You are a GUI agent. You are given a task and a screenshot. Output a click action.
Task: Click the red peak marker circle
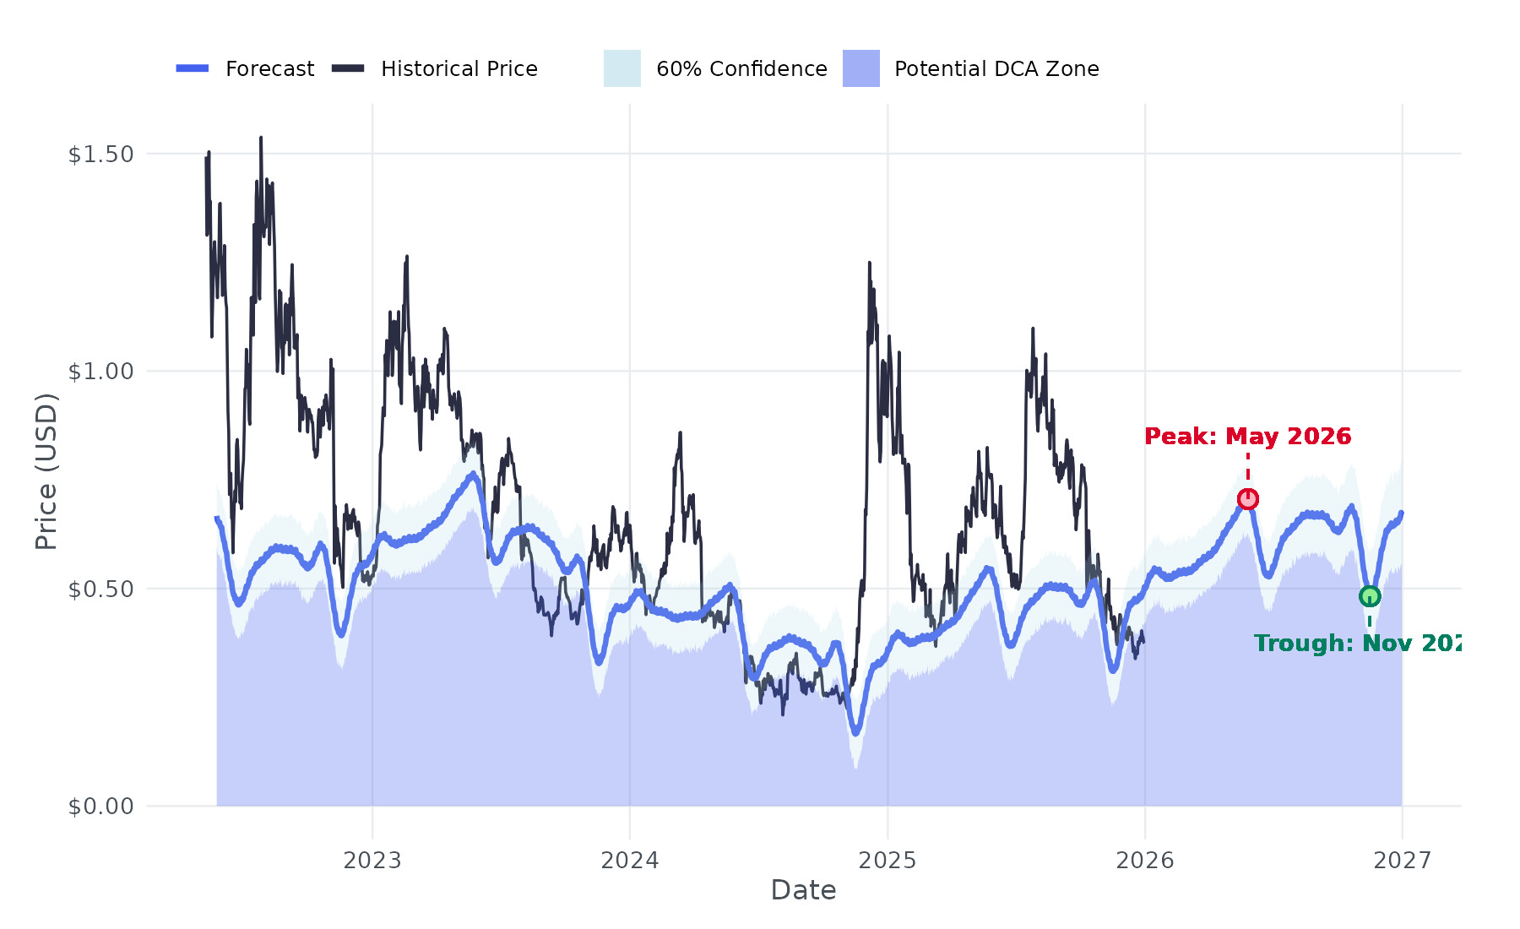pos(1248,499)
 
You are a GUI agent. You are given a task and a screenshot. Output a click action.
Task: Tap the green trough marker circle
pos(1370,596)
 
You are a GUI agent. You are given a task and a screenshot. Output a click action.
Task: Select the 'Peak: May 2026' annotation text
pos(1247,437)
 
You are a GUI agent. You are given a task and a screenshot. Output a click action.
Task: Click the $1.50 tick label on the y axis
pos(100,155)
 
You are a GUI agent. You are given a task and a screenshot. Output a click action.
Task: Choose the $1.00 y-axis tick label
pos(100,372)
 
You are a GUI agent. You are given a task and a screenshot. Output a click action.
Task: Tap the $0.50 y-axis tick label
pos(100,589)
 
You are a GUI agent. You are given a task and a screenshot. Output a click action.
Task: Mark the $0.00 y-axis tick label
pos(100,807)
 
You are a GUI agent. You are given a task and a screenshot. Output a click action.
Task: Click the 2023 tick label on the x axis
pos(372,861)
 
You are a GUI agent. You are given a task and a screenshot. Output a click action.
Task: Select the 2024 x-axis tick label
pos(630,861)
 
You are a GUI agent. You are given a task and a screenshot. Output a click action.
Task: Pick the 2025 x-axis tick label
pos(888,861)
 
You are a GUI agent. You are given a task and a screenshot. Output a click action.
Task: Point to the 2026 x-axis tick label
pos(1145,861)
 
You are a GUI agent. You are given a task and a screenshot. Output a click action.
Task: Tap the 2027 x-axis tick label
pos(1403,861)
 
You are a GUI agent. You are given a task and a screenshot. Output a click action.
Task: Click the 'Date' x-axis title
pos(803,890)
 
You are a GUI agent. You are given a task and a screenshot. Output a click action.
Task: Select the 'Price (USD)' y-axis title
pos(46,471)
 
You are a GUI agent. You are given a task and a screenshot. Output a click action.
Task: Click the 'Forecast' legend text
pos(269,69)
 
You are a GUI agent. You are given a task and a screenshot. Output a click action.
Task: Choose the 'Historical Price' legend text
pos(459,69)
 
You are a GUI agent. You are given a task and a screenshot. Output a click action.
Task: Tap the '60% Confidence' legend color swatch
pos(622,68)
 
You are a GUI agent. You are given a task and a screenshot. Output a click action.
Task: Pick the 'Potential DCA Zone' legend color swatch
pos(861,68)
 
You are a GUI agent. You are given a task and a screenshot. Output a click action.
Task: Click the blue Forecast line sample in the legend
pos(193,68)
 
